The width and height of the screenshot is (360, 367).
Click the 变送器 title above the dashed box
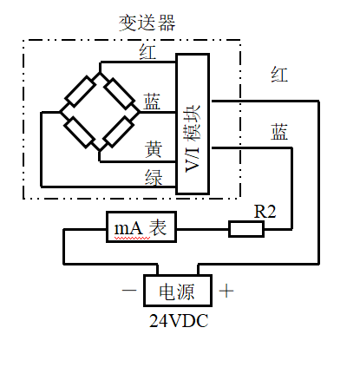tap(147, 23)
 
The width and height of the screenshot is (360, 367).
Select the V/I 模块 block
tap(193, 124)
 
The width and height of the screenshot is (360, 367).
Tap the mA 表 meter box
tap(141, 227)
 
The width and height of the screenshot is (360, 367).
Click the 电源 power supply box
tap(178, 291)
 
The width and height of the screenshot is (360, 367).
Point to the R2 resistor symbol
tap(246, 229)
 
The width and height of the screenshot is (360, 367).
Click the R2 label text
tap(265, 212)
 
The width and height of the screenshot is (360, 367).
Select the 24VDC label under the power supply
tap(179, 321)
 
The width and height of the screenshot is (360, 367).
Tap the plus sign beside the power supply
tap(226, 291)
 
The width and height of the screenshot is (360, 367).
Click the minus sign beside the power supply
tap(129, 290)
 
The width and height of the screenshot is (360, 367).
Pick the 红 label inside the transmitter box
tap(147, 52)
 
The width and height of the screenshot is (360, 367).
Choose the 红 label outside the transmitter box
tap(279, 75)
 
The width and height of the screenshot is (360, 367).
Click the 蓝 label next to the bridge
tap(152, 102)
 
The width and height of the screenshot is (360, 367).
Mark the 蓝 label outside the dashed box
tap(279, 132)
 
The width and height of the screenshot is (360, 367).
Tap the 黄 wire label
tap(154, 149)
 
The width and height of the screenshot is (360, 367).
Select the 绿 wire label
tap(154, 177)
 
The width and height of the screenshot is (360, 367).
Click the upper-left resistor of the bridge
tap(81, 92)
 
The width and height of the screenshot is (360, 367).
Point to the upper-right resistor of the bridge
tap(119, 93)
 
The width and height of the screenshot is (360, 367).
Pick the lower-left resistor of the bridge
tap(79, 132)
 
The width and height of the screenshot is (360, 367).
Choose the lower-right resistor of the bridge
tap(119, 131)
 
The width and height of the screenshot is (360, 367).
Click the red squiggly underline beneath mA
tap(132, 238)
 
